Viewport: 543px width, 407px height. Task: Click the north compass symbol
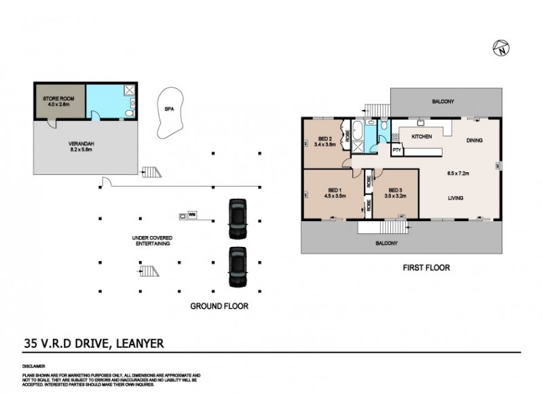[x=501, y=48]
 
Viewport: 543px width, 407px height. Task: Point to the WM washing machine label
[x=191, y=216]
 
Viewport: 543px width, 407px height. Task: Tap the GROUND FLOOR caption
[x=219, y=307]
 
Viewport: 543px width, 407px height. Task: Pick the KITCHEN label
[x=422, y=137]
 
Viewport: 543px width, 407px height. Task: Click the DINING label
[x=474, y=141]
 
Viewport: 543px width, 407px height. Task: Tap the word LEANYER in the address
[x=142, y=343]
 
